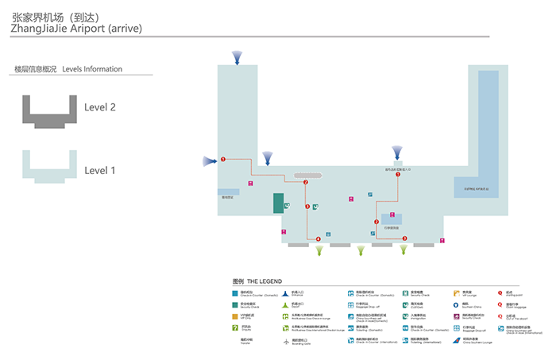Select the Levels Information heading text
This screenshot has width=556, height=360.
click(92, 69)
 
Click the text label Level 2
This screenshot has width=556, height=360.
click(100, 107)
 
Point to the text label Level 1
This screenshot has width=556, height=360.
click(100, 170)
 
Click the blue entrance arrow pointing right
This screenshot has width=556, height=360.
click(209, 161)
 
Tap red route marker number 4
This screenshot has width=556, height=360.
click(319, 238)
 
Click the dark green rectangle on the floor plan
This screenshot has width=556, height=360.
click(279, 203)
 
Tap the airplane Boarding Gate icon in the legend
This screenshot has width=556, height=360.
click(284, 342)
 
